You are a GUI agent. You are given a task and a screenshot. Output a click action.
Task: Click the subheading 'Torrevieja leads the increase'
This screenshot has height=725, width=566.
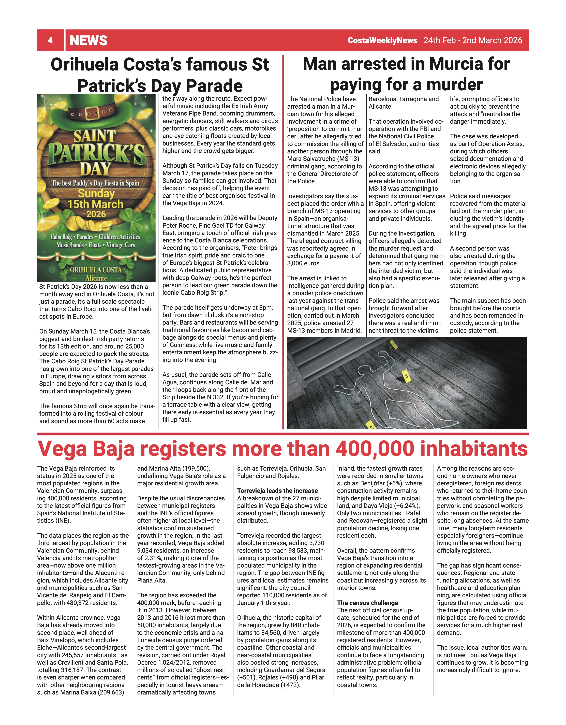(277, 491)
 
